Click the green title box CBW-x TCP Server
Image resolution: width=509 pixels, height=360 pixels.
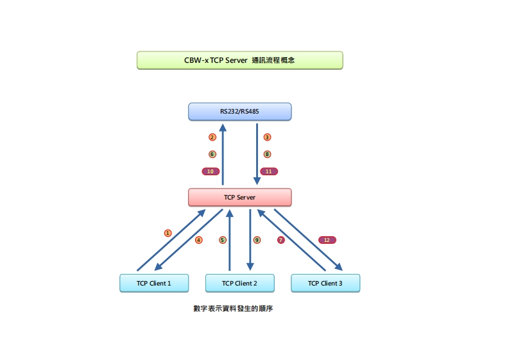pos(239,60)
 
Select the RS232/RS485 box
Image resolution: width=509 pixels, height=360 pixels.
pos(239,112)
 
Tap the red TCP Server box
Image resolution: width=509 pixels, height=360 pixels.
pos(239,197)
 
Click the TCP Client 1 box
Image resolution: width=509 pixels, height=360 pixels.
pos(154,283)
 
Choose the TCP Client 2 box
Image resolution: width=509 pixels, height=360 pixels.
pos(239,283)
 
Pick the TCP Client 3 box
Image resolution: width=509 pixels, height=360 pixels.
pos(325,283)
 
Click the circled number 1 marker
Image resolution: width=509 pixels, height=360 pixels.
pos(168,233)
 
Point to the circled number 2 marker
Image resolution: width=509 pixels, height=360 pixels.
pos(212,137)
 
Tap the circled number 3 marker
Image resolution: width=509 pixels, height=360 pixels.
pos(267,137)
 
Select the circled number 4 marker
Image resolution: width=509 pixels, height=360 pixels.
pos(199,240)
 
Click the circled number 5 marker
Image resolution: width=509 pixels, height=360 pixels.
pos(223,240)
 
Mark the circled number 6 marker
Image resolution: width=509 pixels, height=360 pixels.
pos(212,154)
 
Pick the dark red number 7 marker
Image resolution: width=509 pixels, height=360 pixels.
pos(280,240)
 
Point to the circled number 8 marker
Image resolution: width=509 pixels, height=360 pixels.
pos(267,154)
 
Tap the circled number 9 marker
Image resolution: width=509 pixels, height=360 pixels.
pos(257,240)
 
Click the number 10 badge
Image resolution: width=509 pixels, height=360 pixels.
pos(211,171)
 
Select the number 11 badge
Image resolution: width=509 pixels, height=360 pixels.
pos(269,171)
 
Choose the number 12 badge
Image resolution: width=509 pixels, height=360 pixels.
pos(327,240)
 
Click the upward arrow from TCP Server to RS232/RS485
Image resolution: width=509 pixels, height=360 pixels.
pos(223,154)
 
